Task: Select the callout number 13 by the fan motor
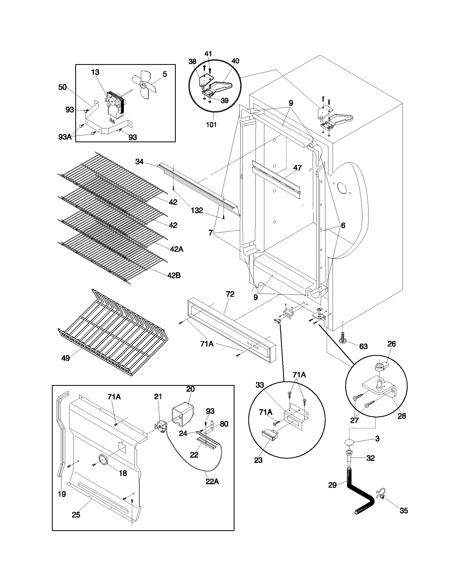tap(95, 72)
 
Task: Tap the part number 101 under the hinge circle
tap(211, 124)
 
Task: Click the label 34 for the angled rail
tap(139, 161)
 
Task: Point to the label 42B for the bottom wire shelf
tap(174, 275)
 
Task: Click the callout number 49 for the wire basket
tap(65, 358)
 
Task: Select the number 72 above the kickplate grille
tap(230, 294)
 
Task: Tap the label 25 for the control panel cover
tap(76, 515)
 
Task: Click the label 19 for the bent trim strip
tap(62, 494)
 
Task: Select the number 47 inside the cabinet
tap(298, 168)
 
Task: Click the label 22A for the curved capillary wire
tap(212, 482)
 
